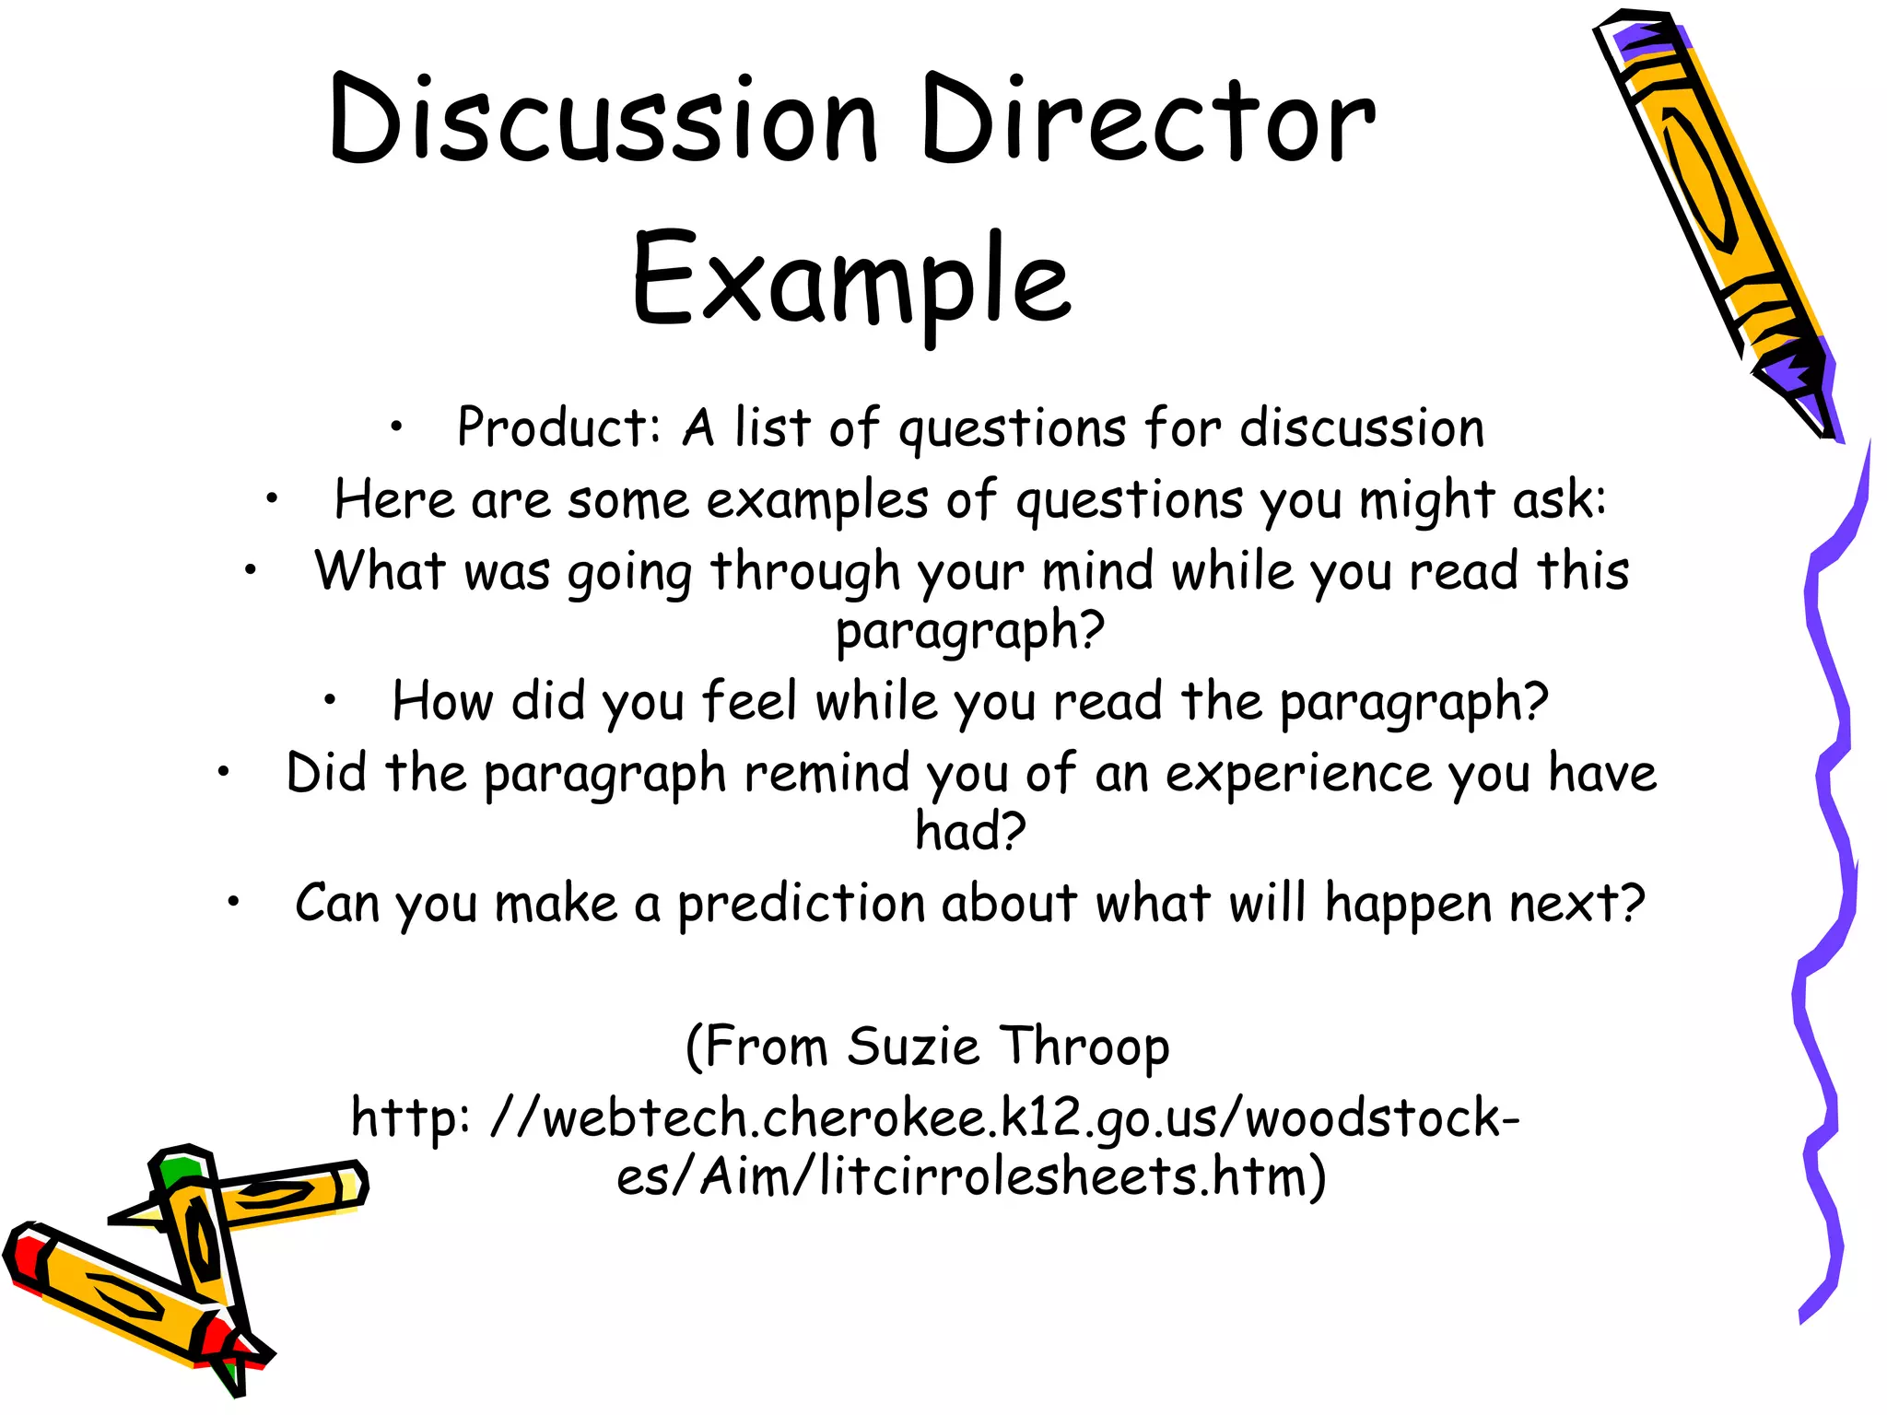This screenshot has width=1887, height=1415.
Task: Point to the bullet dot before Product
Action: pos(396,427)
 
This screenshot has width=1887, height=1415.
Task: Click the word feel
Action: pos(749,701)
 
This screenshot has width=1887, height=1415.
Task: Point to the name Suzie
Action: pos(913,1047)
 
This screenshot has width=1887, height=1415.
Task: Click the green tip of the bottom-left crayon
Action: pos(178,1170)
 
